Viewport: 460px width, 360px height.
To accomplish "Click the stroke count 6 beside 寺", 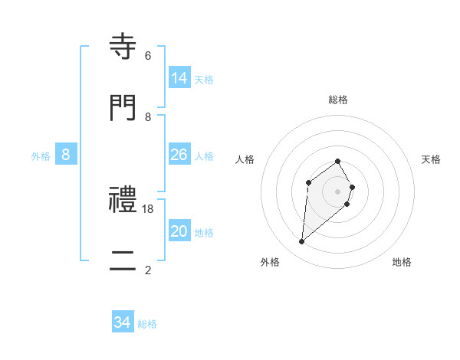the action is (x=148, y=56).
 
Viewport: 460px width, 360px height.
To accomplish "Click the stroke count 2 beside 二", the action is (x=148, y=270).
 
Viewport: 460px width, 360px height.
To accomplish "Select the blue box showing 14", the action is (x=179, y=77).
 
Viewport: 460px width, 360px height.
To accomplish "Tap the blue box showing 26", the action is (x=179, y=155).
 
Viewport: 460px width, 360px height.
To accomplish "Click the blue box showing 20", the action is (x=179, y=231).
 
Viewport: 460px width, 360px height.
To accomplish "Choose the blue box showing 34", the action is (x=123, y=322).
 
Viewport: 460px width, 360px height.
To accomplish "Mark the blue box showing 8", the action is (x=66, y=155).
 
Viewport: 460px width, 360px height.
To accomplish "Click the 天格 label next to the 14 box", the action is (x=204, y=79).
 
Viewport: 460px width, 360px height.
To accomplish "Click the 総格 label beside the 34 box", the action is (x=147, y=324).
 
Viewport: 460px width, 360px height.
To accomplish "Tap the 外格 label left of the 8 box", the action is (x=41, y=156).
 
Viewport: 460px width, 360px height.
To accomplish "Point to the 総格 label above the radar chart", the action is (x=338, y=100).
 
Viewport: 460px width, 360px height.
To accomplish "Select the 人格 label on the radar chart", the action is (x=245, y=159).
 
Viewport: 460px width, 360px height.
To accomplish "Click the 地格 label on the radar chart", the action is (x=402, y=262).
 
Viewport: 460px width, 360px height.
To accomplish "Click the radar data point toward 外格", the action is (x=302, y=242).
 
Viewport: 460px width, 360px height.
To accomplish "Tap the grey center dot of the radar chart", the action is (x=338, y=191).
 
